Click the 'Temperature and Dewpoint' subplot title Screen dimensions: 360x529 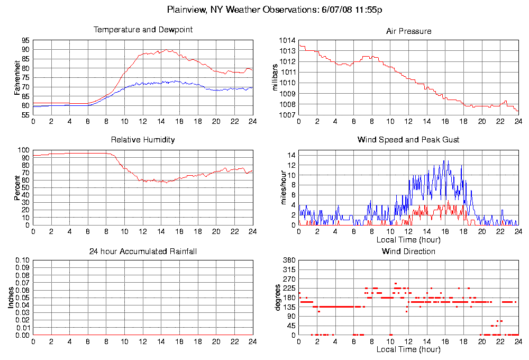143,30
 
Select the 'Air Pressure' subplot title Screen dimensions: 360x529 408,31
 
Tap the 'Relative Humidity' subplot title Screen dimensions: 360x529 143,140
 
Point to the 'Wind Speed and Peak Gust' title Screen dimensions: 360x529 408,140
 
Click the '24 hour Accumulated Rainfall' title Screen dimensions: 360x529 143,251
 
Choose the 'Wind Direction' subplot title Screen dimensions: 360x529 408,251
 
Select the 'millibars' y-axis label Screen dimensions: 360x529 275,77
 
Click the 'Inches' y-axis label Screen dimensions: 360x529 11,298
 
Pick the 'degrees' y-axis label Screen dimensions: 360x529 277,298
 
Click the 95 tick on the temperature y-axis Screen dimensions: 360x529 25,40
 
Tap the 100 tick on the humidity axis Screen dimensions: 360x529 24,150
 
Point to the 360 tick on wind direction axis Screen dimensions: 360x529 288,260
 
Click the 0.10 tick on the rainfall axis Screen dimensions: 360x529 22,260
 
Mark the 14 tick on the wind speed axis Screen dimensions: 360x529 291,155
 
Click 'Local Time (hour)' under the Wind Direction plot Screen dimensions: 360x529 408,349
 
